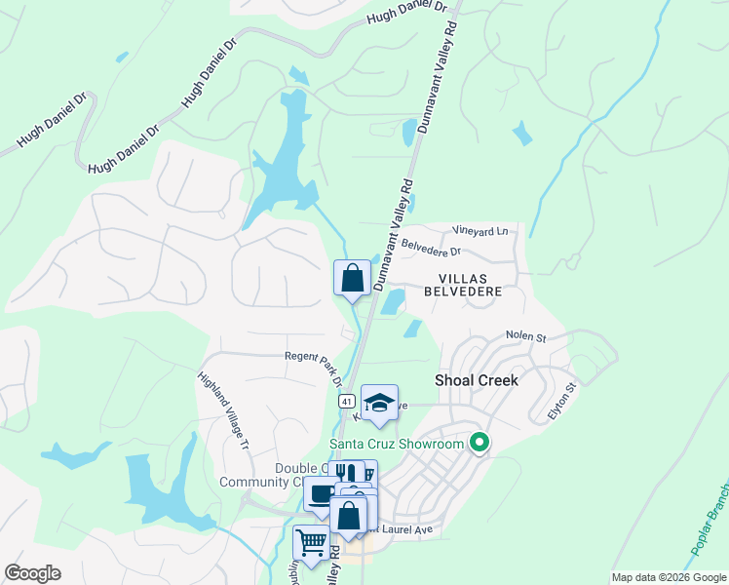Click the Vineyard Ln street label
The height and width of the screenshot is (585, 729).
click(x=480, y=231)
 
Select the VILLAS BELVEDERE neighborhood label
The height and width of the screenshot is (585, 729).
click(x=463, y=285)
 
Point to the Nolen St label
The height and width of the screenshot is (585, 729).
click(x=525, y=336)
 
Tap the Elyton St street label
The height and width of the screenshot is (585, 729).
click(x=562, y=400)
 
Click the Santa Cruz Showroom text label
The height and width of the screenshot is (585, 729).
click(x=396, y=445)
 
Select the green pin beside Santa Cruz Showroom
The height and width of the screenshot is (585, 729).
click(x=479, y=443)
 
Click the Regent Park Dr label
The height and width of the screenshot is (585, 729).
click(x=314, y=363)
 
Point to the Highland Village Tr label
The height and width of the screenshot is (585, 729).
click(x=224, y=409)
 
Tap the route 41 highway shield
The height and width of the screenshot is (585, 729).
click(x=346, y=401)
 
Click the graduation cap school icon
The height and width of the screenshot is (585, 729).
click(x=379, y=401)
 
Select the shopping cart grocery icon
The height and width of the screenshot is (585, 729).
click(x=311, y=541)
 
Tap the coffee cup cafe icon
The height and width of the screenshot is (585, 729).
click(x=320, y=492)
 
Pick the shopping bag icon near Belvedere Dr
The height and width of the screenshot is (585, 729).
click(x=352, y=277)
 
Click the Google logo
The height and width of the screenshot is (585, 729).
click(x=32, y=573)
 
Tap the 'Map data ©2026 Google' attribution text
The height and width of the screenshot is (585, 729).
click(x=668, y=577)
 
